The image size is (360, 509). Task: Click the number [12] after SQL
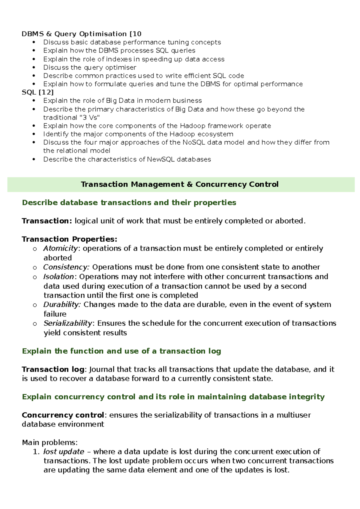click(x=46, y=92)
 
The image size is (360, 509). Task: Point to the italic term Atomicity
click(x=61, y=248)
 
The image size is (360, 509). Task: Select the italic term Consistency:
click(x=66, y=267)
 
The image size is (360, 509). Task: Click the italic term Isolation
click(x=58, y=276)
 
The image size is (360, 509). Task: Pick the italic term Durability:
click(x=62, y=305)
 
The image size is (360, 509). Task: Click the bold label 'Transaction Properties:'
click(x=69, y=239)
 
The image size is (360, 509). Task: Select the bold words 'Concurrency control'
click(x=63, y=415)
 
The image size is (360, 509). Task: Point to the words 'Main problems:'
click(x=50, y=443)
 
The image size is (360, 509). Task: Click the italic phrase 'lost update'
click(x=64, y=452)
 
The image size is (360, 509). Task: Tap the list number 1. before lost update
click(x=36, y=452)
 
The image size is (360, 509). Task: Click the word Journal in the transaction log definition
click(x=102, y=369)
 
